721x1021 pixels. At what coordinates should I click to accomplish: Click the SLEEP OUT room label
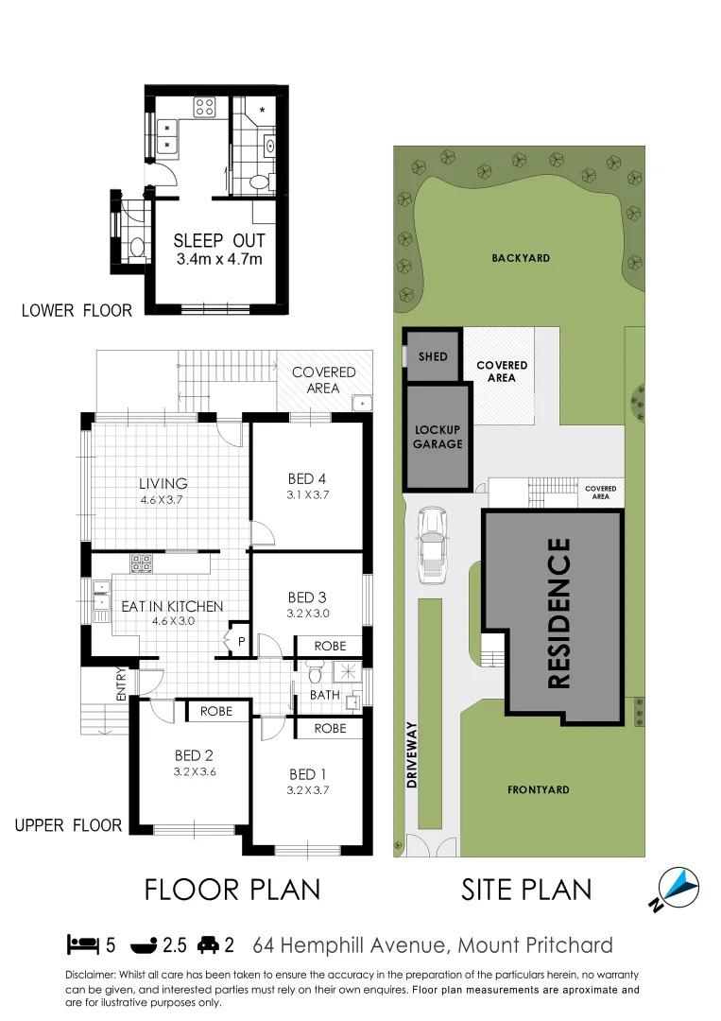coord(219,241)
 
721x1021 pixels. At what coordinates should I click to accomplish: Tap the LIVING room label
coord(163,484)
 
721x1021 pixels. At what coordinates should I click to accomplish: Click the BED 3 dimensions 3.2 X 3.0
coord(307,613)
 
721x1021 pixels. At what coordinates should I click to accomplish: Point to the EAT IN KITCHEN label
coord(172,606)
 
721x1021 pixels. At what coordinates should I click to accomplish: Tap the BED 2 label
coord(195,755)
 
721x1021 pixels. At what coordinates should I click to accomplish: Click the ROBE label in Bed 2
coord(216,710)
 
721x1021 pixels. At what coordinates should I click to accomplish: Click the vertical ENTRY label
coord(121,684)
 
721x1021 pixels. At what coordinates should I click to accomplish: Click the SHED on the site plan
coord(433,357)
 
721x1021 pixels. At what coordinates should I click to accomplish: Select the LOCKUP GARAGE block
coord(438,437)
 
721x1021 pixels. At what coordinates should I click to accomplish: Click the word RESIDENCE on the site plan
coord(559,613)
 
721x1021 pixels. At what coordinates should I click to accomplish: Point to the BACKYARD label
coord(520,258)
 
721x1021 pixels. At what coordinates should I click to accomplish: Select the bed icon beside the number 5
coord(83,944)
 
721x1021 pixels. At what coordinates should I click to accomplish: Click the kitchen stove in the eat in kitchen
coord(142,563)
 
